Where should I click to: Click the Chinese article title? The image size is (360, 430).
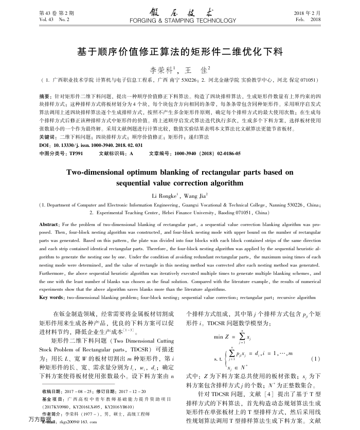[179, 52]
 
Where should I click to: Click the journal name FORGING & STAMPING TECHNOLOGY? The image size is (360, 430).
[179, 21]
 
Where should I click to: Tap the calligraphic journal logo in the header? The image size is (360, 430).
[179, 12]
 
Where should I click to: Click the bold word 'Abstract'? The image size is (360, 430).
[49, 225]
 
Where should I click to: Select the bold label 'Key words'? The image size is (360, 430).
[51, 297]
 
